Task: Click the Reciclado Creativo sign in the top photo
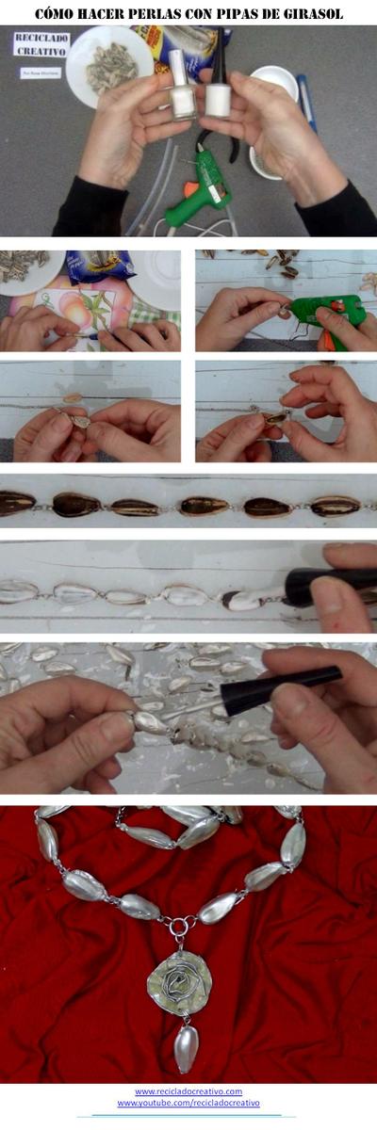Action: pos(41,45)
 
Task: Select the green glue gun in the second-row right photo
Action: pos(330,309)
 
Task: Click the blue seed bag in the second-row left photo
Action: pos(100,265)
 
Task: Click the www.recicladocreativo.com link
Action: pos(188,1091)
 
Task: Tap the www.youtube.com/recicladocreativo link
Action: pos(188,1103)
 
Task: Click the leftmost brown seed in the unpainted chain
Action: pos(16,505)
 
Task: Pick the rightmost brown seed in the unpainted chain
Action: pos(335,507)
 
